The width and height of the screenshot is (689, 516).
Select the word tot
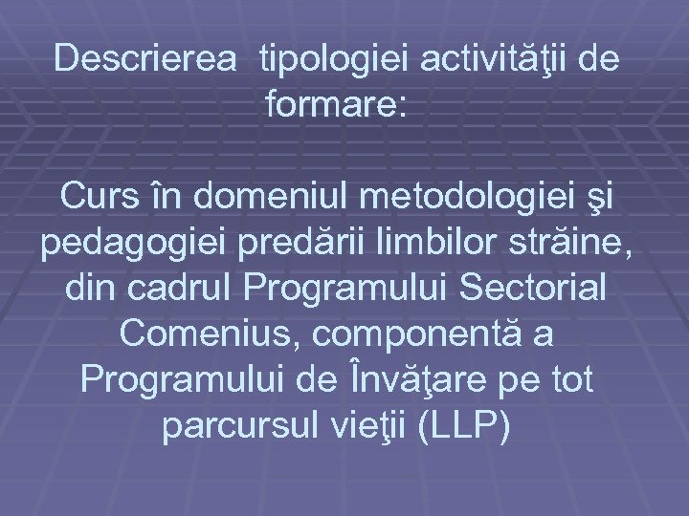click(571, 380)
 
